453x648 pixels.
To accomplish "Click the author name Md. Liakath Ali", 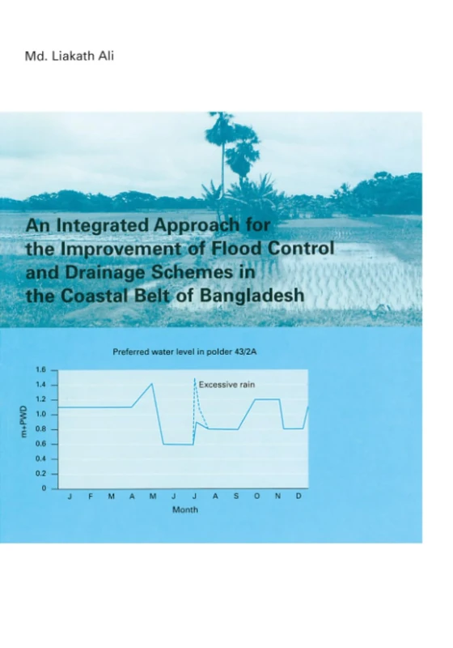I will pos(72,59).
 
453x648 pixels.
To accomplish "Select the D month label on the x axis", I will pos(298,496).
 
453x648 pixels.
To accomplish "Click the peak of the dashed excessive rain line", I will pos(195,378).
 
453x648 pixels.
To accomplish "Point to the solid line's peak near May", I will pos(152,384).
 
